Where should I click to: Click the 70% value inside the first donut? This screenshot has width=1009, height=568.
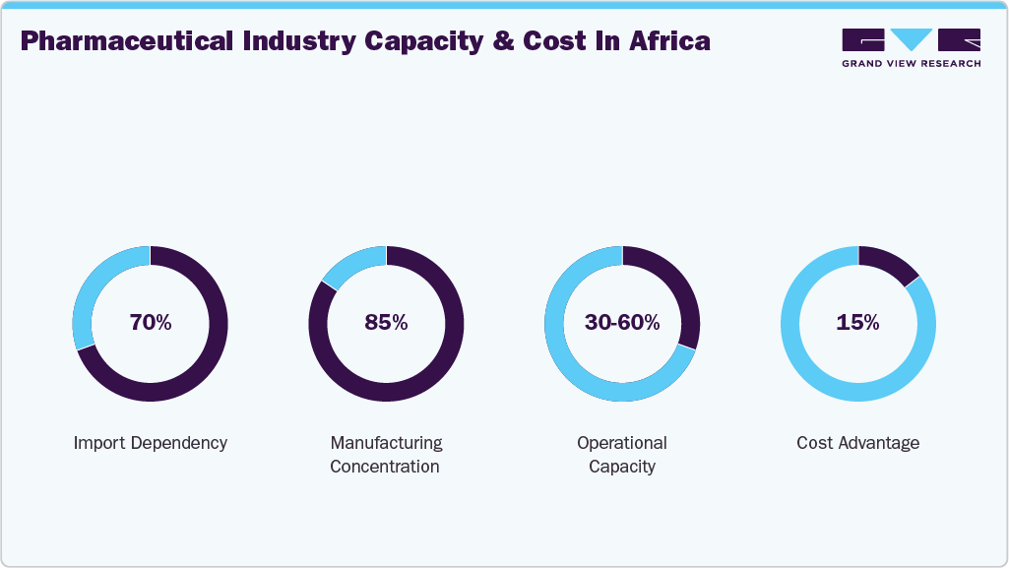151,323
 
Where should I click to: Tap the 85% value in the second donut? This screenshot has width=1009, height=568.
386,323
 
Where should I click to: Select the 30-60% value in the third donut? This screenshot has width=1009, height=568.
622,323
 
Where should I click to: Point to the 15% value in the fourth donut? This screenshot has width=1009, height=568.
858,323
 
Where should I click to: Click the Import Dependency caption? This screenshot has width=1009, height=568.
151,443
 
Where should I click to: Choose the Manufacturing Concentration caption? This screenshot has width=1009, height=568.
386,455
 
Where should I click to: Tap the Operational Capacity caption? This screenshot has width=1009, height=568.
622,455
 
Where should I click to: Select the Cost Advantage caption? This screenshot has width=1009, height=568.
858,443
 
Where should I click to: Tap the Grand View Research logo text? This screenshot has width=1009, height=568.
911,64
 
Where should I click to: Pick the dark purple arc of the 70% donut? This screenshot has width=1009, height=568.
197,374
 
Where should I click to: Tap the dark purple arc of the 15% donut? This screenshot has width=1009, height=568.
886,260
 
